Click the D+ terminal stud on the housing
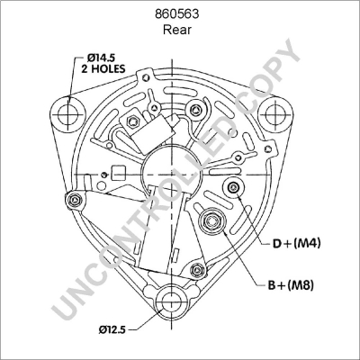tap(234, 186)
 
